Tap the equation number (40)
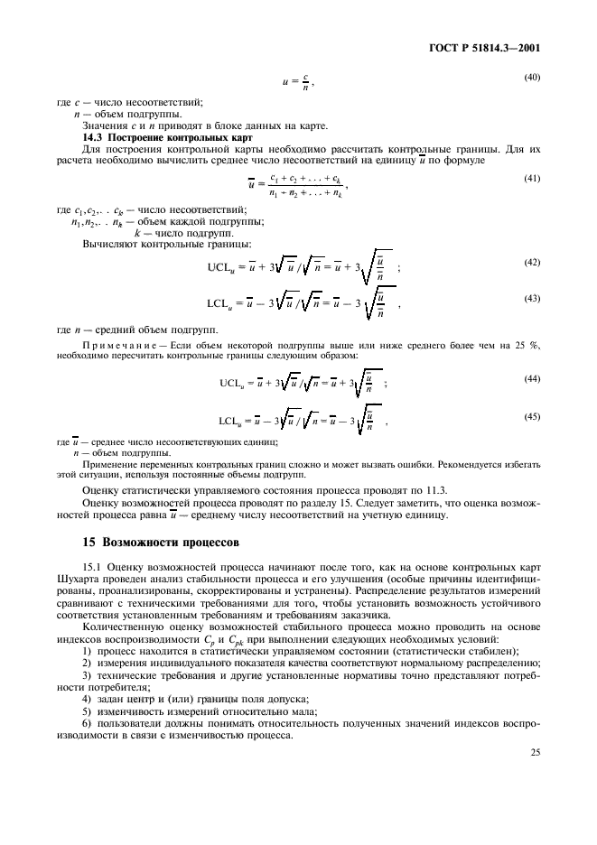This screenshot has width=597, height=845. click(x=532, y=78)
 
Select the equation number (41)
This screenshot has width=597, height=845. click(x=532, y=178)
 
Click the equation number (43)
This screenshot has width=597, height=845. click(x=532, y=298)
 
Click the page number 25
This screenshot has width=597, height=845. click(x=534, y=750)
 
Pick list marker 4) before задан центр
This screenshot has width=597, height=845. click(x=89, y=699)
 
